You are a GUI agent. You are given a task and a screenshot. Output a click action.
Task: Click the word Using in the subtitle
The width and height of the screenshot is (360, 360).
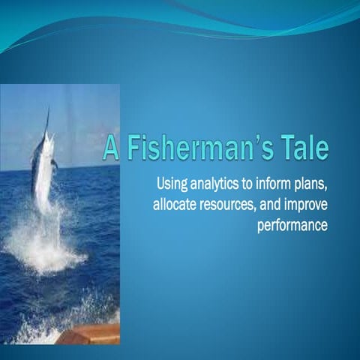coord(171,182)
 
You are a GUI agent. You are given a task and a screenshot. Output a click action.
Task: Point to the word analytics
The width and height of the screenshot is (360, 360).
coord(215,182)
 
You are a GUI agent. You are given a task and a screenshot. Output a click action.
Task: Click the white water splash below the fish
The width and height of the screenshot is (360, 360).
coord(45,247)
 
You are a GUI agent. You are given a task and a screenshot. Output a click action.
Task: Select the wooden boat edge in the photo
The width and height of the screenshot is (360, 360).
coord(90,334)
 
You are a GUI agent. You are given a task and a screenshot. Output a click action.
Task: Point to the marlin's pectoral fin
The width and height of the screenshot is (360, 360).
coord(53,163)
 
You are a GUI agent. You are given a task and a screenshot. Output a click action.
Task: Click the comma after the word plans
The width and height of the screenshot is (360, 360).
coord(328,187)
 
